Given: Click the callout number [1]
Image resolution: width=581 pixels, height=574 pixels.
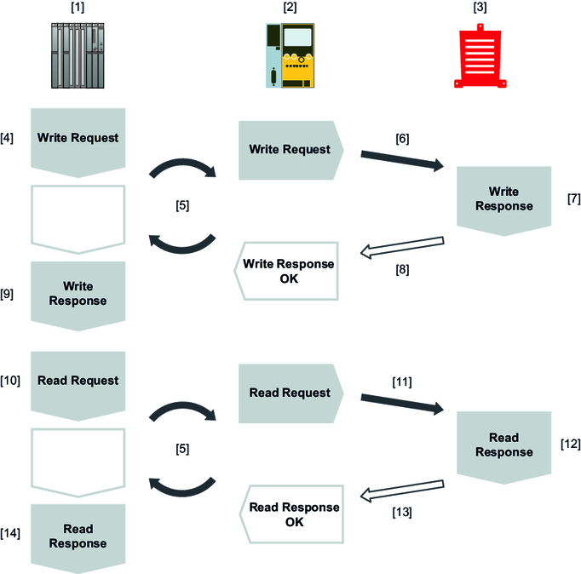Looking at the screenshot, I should point(78,8).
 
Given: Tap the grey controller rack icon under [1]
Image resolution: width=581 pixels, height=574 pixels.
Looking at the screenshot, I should point(78,55).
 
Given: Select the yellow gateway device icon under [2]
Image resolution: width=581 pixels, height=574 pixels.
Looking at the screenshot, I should point(292,55).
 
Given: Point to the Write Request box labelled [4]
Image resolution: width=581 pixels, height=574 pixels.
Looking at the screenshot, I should point(78,139).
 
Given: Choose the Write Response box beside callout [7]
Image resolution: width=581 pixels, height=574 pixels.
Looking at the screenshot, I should point(503,199).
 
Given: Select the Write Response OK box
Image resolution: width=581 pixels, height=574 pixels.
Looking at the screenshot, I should point(287,270).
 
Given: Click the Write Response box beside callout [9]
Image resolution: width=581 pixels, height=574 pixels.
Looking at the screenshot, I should point(78,292).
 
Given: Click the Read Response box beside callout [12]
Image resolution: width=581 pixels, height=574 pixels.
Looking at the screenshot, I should point(503,445).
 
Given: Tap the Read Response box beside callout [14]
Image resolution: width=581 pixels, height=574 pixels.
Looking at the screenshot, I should point(78,536).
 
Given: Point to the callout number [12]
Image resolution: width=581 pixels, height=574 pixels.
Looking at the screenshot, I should point(570,445).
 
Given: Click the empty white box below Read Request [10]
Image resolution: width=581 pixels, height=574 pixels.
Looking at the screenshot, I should point(78,460).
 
